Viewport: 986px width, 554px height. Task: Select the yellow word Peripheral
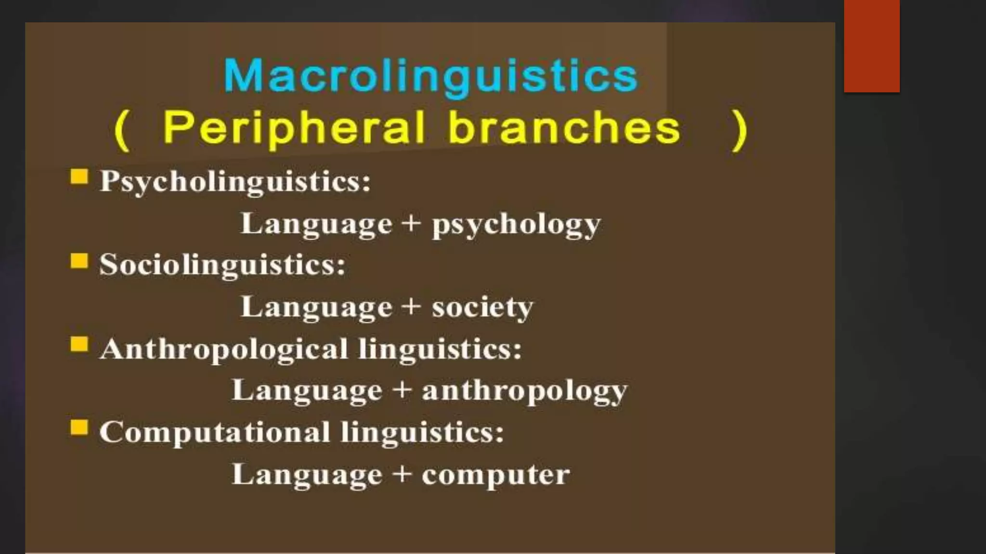pyautogui.click(x=294, y=128)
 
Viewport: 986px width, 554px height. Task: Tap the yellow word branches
pyautogui.click(x=564, y=128)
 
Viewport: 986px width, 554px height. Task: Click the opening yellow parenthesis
pyautogui.click(x=122, y=130)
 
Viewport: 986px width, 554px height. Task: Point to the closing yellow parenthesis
pyautogui.click(x=739, y=130)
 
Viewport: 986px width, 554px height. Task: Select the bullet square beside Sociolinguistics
pyautogui.click(x=79, y=261)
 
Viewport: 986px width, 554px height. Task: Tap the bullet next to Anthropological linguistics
pyautogui.click(x=79, y=344)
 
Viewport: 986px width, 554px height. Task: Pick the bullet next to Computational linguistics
pyautogui.click(x=79, y=427)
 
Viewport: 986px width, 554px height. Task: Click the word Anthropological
pyautogui.click(x=223, y=349)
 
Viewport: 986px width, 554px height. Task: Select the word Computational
pyautogui.click(x=215, y=432)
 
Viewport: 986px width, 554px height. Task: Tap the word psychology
pyautogui.click(x=516, y=225)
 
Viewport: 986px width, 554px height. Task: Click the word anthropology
pyautogui.click(x=525, y=391)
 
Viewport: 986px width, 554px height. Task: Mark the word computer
pyautogui.click(x=496, y=475)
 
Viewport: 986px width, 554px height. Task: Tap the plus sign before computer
pyautogui.click(x=402, y=474)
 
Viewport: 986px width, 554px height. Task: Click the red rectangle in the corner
pyautogui.click(x=871, y=46)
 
